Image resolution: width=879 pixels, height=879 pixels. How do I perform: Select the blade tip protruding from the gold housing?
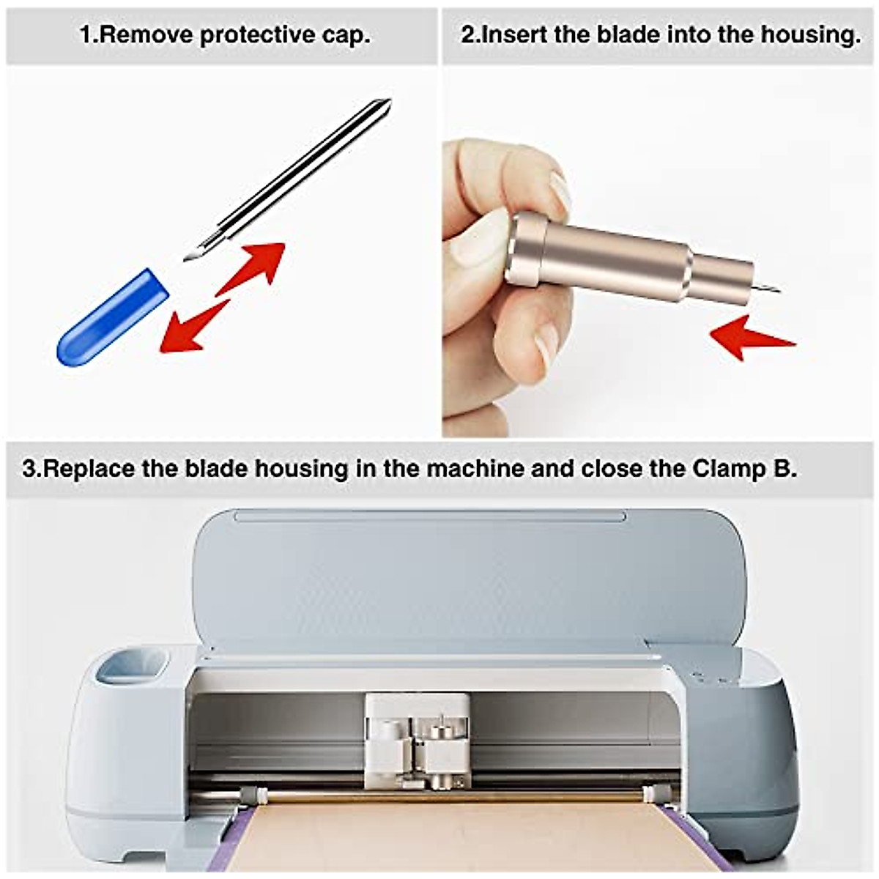(x=768, y=288)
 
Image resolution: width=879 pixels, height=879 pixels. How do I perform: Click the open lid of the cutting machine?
(x=469, y=571)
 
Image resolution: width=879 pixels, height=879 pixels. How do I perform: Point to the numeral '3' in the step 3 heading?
(x=29, y=468)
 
